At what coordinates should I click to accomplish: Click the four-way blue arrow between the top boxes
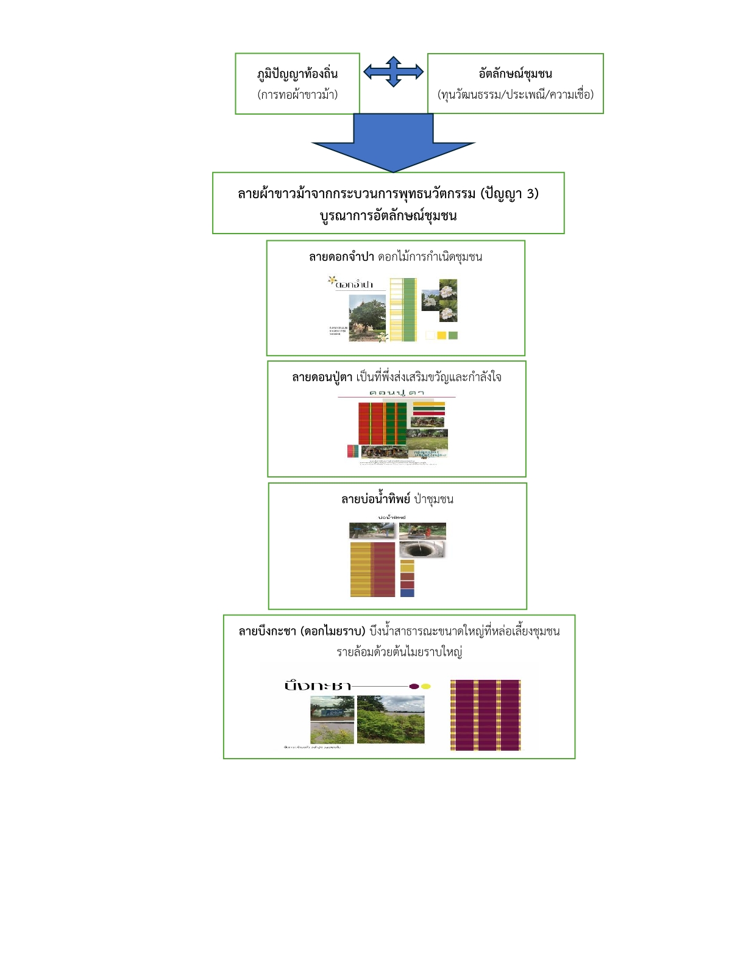coord(393,72)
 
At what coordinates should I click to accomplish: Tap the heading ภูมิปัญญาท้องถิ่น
coord(297,74)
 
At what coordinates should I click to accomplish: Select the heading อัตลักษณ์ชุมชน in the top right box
coord(515,74)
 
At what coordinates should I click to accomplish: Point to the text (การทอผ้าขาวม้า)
coord(297,95)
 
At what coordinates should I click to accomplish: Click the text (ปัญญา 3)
coord(510,194)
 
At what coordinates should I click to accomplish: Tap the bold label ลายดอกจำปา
coord(341,257)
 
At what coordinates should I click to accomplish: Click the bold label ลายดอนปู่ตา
coord(322,377)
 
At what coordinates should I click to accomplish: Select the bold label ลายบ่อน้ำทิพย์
coord(375,499)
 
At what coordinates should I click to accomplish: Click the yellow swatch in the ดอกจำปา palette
coord(442,335)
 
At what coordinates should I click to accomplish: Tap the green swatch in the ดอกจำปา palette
coord(453,335)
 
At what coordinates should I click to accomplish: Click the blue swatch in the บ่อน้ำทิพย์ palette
coord(407,593)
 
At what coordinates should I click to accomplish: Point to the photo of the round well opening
coord(422,549)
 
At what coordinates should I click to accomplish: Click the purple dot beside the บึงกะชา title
coord(414,686)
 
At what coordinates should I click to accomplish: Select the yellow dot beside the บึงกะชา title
coord(426,686)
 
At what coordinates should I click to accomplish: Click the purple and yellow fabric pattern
coord(485,714)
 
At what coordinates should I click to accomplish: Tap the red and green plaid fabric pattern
coord(382,423)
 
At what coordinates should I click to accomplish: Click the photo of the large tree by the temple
coord(368,318)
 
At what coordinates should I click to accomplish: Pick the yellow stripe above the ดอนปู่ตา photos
coord(429,404)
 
